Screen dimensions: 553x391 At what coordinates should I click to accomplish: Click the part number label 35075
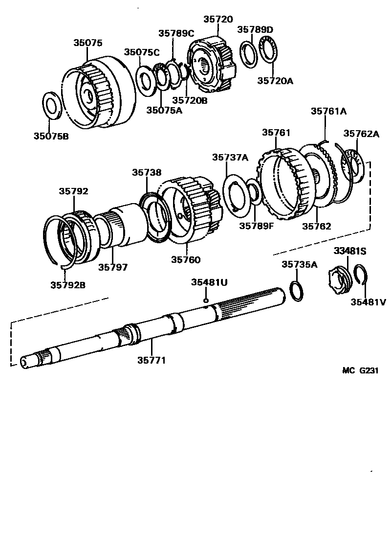click(x=88, y=43)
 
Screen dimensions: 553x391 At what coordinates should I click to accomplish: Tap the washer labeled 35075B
click(x=51, y=105)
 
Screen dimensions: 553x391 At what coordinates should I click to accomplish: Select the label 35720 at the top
click(x=218, y=20)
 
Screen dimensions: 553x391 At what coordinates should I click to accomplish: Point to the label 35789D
click(x=255, y=29)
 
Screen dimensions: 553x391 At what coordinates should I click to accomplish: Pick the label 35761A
click(x=328, y=111)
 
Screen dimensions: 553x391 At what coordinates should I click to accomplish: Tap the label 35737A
click(x=230, y=157)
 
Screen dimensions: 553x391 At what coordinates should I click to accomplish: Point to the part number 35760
click(x=186, y=259)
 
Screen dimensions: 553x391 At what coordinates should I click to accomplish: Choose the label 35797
click(x=113, y=267)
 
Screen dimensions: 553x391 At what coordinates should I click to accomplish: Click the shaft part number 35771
click(x=152, y=360)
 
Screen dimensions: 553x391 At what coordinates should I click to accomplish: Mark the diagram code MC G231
click(x=360, y=370)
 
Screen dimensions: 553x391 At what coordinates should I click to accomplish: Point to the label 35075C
click(x=142, y=52)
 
